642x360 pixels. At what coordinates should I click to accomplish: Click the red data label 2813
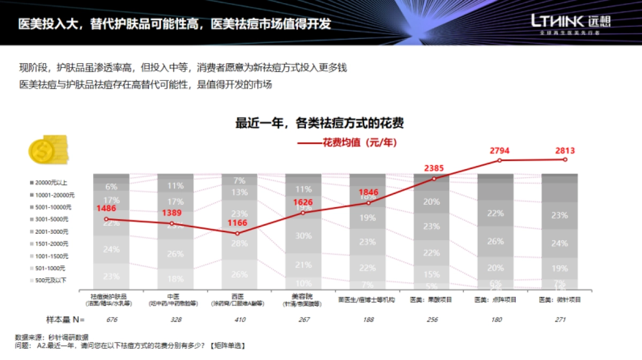(565, 151)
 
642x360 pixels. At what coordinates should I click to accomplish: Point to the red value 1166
(238, 222)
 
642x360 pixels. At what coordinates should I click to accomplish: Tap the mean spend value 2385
(434, 168)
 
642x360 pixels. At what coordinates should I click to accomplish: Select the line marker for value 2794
(500, 160)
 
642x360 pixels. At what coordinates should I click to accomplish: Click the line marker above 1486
(106, 219)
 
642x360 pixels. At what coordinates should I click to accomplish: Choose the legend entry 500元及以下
(52, 280)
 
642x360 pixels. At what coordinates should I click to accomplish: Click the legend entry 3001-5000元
(52, 219)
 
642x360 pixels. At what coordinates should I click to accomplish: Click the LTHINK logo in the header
(570, 22)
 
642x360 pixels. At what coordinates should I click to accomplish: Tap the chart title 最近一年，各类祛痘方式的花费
(319, 124)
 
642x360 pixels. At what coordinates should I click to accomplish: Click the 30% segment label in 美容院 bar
(303, 236)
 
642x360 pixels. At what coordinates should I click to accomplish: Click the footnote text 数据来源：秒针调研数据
(51, 338)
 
